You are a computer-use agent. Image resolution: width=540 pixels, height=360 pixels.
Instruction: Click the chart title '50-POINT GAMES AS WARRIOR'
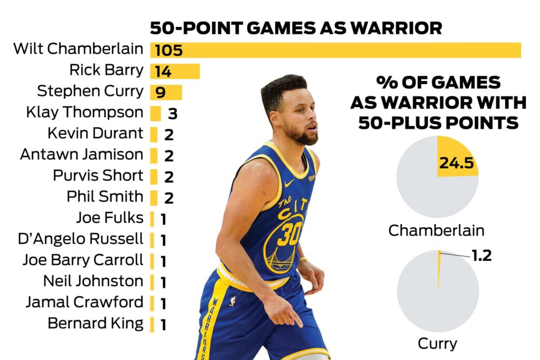click(x=295, y=28)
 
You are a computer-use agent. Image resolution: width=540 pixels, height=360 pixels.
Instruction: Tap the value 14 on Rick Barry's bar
click(x=163, y=72)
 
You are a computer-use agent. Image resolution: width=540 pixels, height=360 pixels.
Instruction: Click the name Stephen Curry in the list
click(x=90, y=91)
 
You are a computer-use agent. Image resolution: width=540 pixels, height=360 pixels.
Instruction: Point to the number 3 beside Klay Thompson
click(x=172, y=113)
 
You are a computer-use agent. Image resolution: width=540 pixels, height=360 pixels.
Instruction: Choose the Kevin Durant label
click(x=95, y=133)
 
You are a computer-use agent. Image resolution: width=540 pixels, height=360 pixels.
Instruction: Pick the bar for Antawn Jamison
click(x=154, y=155)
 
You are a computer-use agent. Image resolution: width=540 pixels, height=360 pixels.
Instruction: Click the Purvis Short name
click(x=98, y=176)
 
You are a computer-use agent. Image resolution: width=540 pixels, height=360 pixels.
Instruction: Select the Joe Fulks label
click(x=109, y=217)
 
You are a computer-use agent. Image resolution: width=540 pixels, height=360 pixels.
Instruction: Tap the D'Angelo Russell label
click(x=80, y=239)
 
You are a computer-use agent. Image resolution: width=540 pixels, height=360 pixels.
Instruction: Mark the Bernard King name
click(x=95, y=323)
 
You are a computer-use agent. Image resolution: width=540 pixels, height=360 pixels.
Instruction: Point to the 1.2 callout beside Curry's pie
click(x=481, y=256)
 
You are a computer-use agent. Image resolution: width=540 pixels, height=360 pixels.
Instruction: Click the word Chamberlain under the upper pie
click(x=436, y=230)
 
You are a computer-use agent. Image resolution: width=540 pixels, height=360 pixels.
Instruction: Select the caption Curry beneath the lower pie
click(x=437, y=344)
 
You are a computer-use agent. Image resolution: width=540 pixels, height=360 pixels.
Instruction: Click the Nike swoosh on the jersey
click(x=288, y=183)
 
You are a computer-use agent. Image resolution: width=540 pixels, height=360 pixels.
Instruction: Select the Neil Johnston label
click(x=93, y=281)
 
